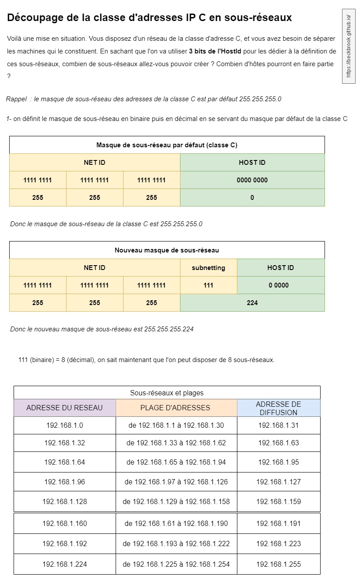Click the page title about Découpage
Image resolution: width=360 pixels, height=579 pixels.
point(149,18)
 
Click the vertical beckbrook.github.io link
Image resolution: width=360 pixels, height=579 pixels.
point(349,46)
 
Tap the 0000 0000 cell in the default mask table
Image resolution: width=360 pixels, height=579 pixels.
point(252,180)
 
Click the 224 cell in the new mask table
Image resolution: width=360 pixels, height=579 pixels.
point(252,303)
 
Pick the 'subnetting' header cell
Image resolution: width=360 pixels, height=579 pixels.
point(208,268)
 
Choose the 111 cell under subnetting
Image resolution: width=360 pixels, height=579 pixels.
point(208,285)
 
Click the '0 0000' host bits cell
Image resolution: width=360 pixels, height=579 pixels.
point(281,285)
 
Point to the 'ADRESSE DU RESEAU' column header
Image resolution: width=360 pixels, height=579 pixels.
point(65,408)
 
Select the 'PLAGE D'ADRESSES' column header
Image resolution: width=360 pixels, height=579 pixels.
point(175,408)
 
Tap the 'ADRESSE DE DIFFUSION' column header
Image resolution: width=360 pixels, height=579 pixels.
point(279,408)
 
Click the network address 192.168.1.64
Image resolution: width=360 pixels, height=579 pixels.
point(65,462)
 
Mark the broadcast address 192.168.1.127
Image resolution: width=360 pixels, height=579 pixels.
point(279,482)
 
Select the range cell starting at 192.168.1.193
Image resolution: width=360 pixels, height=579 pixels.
point(176,544)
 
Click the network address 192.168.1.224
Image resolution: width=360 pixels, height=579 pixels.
point(65,564)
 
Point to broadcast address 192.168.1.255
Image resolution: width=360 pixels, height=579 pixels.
point(279,564)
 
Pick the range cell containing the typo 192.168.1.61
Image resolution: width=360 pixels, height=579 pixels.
point(176,523)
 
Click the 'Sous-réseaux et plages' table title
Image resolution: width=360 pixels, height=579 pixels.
point(167,393)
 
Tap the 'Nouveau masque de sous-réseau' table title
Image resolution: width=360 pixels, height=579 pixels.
point(167,250)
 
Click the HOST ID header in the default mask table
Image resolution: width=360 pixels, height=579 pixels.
point(252,163)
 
